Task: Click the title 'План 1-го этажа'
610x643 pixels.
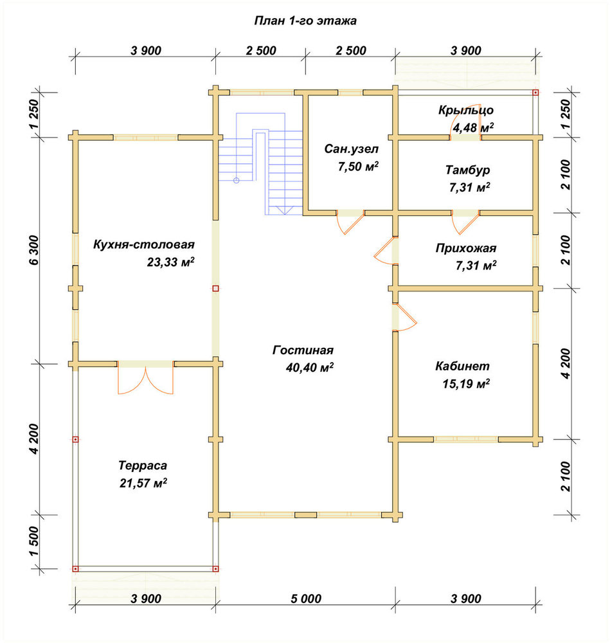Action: (305, 21)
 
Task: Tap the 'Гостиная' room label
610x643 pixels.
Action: (303, 350)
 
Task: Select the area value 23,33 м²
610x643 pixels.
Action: (170, 262)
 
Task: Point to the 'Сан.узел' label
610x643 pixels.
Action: (352, 149)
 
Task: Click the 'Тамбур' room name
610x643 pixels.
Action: (468, 169)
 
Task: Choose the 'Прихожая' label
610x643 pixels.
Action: (466, 248)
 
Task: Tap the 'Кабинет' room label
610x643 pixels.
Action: (462, 366)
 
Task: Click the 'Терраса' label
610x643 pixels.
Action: (143, 466)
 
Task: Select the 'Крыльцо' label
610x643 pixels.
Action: (466, 111)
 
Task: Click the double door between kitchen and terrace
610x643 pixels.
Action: (145, 379)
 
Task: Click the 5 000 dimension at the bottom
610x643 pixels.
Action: (306, 599)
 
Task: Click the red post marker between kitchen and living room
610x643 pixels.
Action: (215, 288)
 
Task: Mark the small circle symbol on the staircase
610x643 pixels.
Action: (236, 181)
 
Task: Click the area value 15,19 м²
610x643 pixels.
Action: (467, 384)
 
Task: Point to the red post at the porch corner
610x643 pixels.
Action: (535, 93)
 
